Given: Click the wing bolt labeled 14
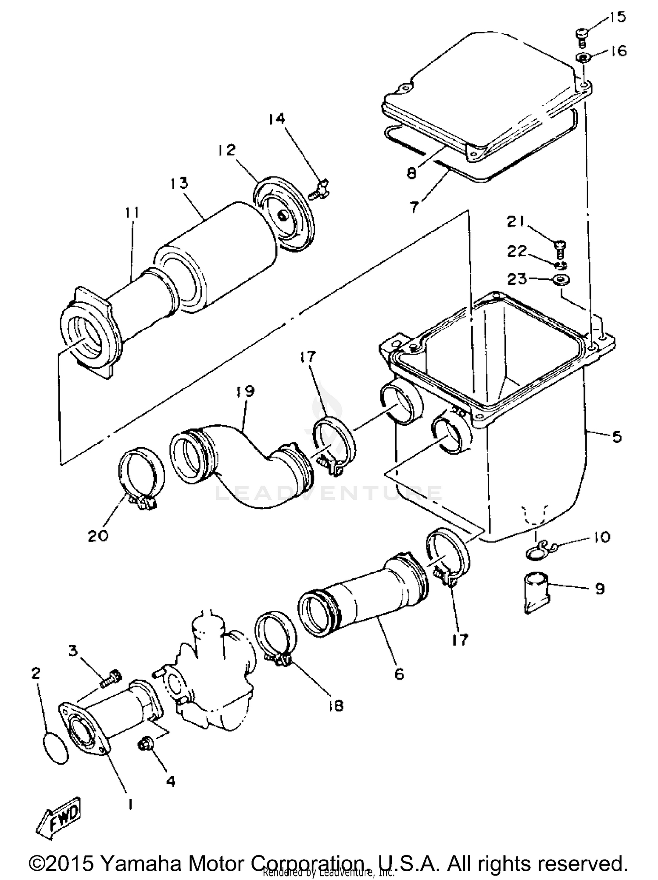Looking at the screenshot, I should point(320,190).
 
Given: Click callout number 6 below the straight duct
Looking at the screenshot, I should point(399,673).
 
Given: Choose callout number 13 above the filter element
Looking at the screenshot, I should point(179,183).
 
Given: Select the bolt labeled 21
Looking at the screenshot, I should point(560,248).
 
